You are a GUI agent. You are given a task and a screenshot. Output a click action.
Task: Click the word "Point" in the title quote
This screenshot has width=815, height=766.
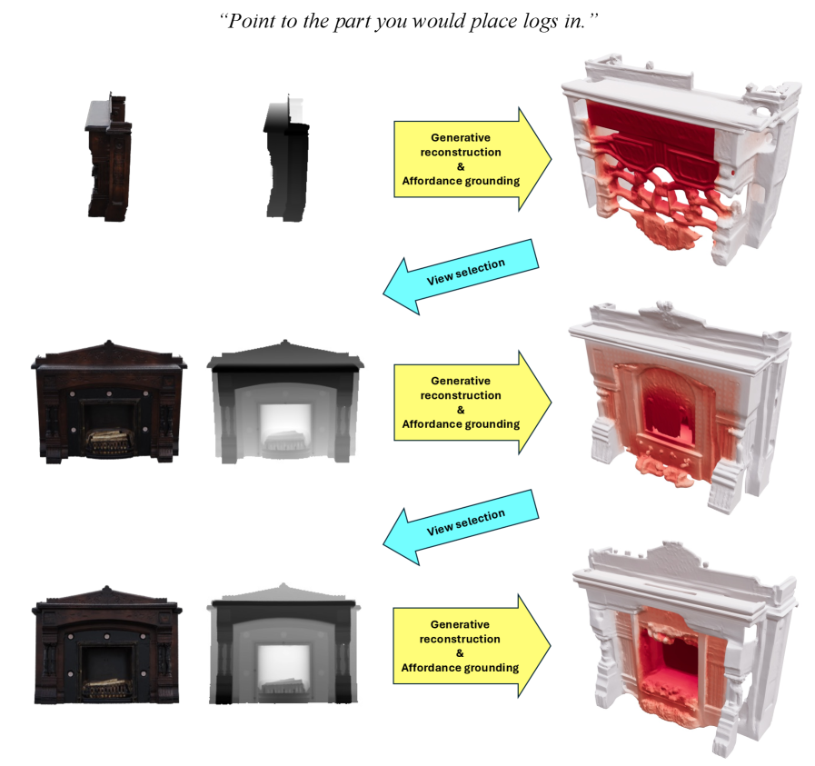[x=251, y=21]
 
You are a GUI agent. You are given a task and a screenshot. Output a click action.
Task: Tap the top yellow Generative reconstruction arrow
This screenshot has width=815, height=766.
[x=472, y=159]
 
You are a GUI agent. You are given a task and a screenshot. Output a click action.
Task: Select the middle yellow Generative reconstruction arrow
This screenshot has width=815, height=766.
[x=472, y=403]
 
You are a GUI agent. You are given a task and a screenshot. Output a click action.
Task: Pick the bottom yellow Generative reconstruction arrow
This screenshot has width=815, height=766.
[x=472, y=646]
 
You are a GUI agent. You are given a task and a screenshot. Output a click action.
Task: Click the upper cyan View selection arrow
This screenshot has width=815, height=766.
[x=461, y=276]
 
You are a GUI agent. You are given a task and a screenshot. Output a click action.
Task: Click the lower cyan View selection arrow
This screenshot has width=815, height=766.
[x=461, y=527]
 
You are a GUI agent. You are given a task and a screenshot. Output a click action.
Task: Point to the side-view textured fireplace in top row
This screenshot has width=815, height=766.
[x=108, y=157]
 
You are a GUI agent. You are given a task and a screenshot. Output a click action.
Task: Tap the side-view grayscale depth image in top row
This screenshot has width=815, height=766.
[x=286, y=158]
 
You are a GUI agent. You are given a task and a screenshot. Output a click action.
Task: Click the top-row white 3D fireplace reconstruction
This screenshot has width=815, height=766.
[x=680, y=158]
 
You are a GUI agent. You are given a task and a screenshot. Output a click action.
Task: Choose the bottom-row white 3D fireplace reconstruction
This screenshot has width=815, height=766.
[x=684, y=649]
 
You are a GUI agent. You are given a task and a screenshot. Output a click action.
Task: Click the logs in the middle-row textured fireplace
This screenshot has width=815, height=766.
[x=108, y=441]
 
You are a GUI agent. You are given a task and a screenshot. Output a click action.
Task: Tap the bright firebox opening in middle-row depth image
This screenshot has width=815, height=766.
[x=284, y=429]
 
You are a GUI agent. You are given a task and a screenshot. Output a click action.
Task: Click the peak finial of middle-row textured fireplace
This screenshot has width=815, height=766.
[x=109, y=343]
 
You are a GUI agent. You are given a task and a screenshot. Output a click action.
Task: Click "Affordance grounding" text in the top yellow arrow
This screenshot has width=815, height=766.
[x=461, y=181]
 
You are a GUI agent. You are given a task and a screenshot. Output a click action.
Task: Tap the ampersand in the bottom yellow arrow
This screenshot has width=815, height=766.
[x=460, y=652]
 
